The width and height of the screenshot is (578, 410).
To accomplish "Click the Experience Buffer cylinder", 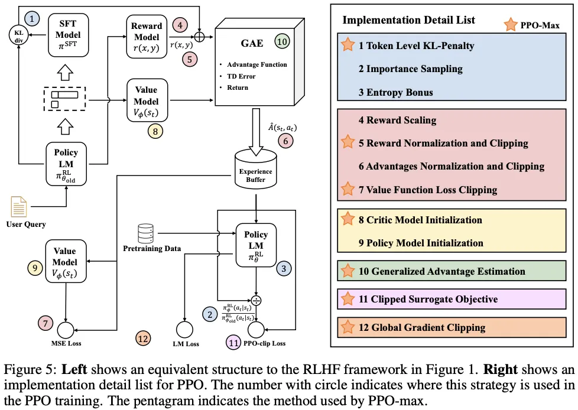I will [x=256, y=168].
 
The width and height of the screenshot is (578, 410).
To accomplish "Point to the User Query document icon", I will [x=18, y=207].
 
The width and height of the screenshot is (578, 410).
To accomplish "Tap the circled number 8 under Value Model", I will [x=155, y=131].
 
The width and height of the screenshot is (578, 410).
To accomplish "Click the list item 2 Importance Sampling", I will [x=411, y=69].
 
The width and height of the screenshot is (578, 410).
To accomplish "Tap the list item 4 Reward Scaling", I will [x=397, y=120].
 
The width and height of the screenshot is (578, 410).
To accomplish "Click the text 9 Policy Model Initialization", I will [x=421, y=243].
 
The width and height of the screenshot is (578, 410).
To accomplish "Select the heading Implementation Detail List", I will [x=408, y=19].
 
